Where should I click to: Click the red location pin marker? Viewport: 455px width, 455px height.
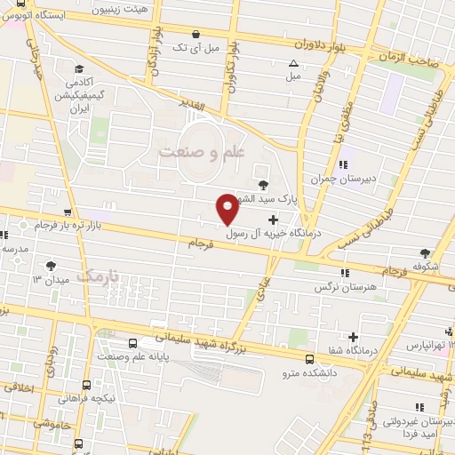227,210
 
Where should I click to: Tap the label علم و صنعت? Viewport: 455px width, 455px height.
201,151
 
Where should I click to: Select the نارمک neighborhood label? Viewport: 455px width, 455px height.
98,276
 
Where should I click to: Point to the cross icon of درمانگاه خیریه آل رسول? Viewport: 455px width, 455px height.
272,219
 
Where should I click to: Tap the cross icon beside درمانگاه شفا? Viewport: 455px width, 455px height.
354,337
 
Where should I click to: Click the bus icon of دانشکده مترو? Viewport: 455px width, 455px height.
308,359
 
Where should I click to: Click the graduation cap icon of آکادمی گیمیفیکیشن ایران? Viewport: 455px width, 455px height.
79,70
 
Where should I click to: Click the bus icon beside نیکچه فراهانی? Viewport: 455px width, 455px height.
86,385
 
